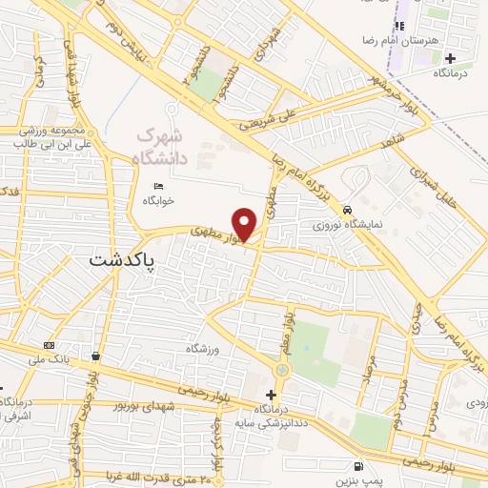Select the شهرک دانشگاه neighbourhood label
click(163, 147)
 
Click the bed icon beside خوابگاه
click(158, 185)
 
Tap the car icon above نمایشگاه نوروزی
click(349, 210)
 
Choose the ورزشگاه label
click(204, 350)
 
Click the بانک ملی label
click(48, 358)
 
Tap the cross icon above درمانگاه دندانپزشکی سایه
click(273, 394)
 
